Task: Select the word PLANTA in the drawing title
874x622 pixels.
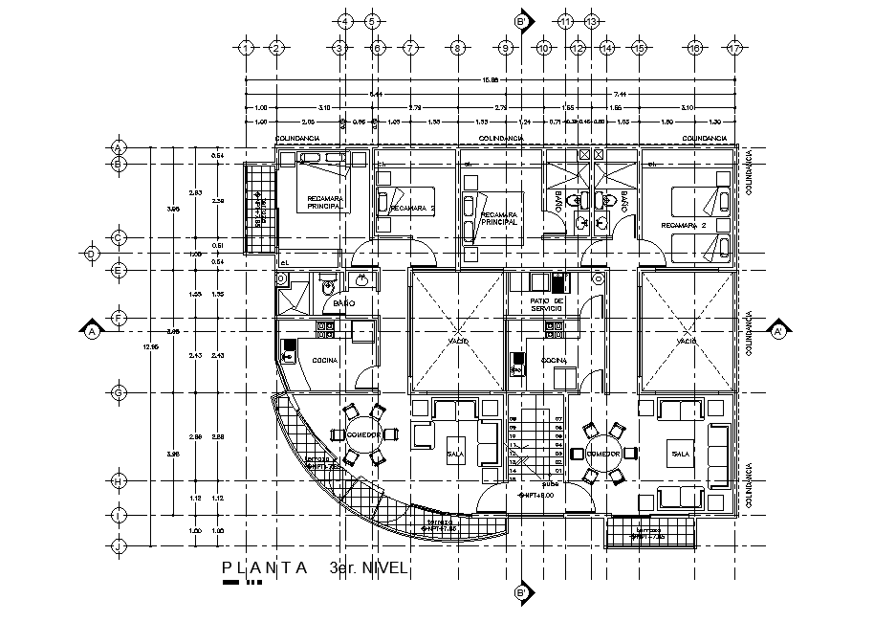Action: [x=265, y=567]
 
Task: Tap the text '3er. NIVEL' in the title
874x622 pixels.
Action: [x=368, y=567]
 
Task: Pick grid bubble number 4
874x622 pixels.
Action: [x=345, y=20]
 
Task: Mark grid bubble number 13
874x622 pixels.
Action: [x=592, y=20]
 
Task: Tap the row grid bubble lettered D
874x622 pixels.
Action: [x=92, y=254]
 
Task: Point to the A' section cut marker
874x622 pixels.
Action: [x=779, y=331]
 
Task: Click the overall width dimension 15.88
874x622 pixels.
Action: [x=492, y=79]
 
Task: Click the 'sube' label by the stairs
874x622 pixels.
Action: [x=553, y=483]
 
